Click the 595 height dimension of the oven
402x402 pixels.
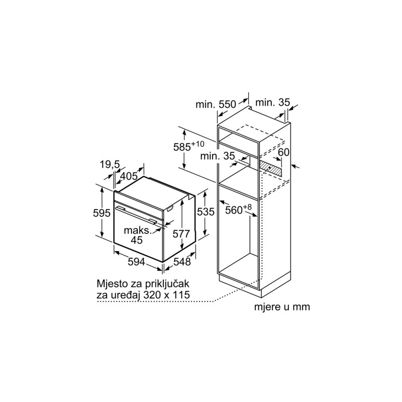click(x=102, y=213)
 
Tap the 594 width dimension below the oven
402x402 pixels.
click(x=136, y=262)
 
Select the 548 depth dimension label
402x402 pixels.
click(x=182, y=261)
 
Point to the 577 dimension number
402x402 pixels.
click(x=181, y=234)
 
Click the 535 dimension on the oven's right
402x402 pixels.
click(x=206, y=212)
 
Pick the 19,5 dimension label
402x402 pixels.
click(x=110, y=165)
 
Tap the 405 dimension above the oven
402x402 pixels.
click(x=129, y=176)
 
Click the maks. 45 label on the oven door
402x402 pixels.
click(x=138, y=235)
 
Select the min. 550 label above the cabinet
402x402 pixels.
click(x=216, y=105)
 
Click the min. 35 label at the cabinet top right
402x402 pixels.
click(x=272, y=103)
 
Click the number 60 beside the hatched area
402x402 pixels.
click(x=284, y=152)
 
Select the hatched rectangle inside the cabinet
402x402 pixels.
click(x=270, y=168)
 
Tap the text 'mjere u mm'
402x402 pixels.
click(x=282, y=307)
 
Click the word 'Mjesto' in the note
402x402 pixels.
click(x=112, y=284)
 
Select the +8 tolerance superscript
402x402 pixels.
click(x=247, y=207)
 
